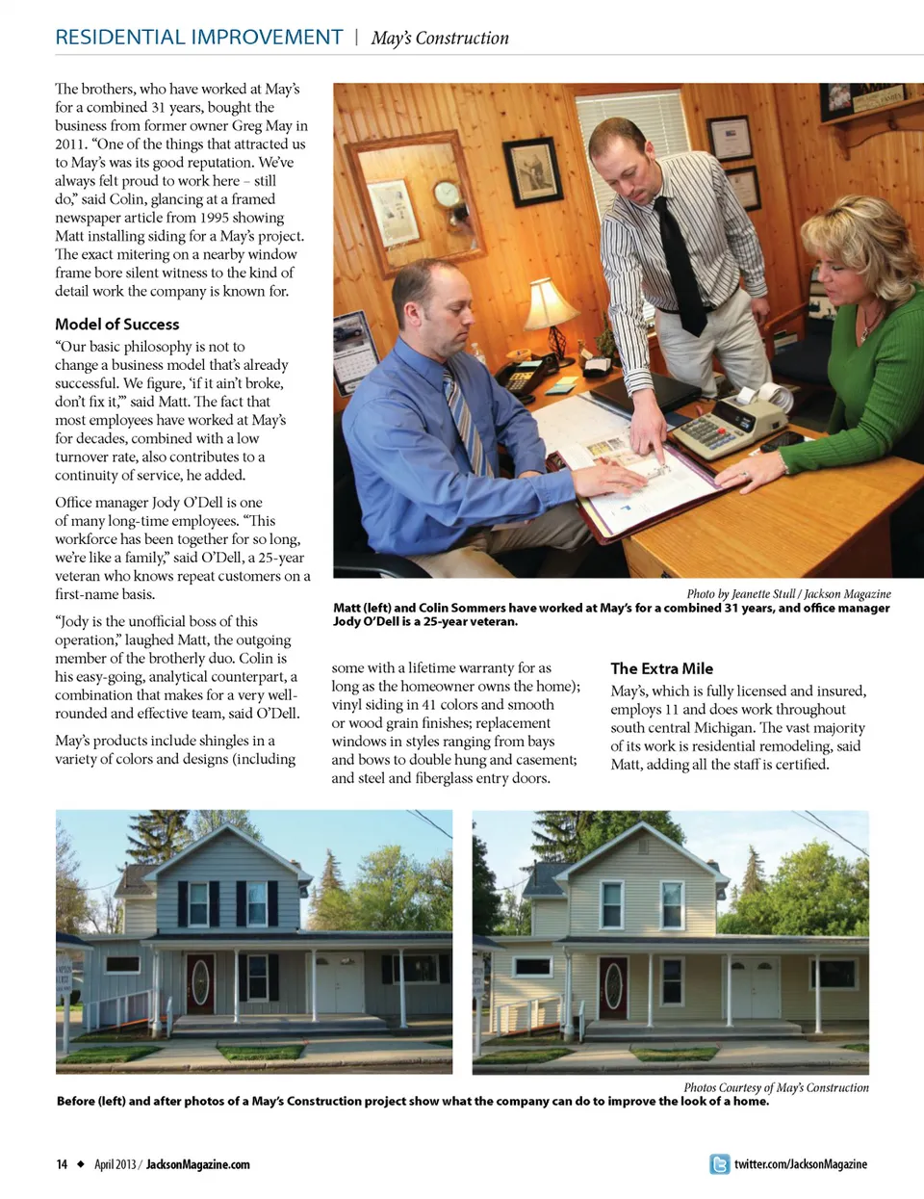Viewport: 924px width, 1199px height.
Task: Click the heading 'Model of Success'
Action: click(x=116, y=325)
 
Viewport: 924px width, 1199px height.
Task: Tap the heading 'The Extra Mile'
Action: click(x=661, y=668)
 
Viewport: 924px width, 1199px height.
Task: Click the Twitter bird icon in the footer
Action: click(x=719, y=1164)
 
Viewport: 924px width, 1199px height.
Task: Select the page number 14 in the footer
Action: click(x=62, y=1164)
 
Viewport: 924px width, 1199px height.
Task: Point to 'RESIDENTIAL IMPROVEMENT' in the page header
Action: click(x=198, y=38)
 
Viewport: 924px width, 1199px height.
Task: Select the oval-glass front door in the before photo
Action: click(x=200, y=983)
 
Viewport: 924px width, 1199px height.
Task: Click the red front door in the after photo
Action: click(x=613, y=987)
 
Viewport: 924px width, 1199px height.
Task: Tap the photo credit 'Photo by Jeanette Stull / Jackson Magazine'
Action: click(x=788, y=593)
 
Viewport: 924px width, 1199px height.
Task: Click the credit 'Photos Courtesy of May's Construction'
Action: click(x=776, y=1087)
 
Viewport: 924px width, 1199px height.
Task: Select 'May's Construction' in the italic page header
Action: click(x=440, y=39)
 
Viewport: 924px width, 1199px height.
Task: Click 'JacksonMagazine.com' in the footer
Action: click(x=197, y=1164)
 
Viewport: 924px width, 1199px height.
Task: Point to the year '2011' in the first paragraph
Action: click(x=70, y=143)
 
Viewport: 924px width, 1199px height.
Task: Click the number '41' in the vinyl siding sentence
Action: click(x=429, y=704)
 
